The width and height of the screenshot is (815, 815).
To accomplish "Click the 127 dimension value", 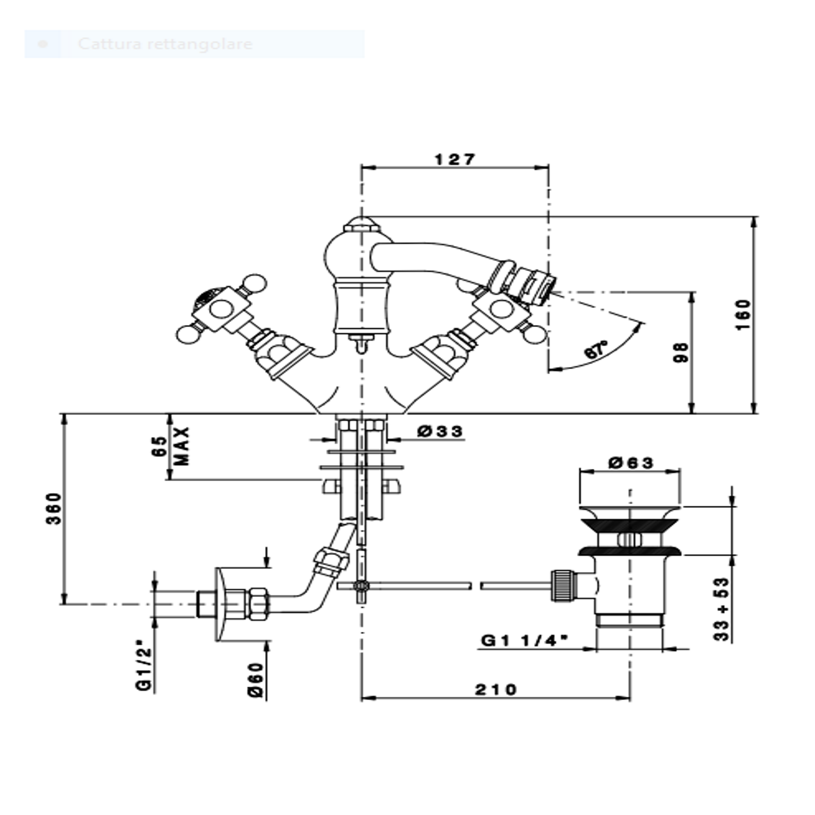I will click(455, 160).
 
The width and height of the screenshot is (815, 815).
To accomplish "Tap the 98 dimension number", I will click(681, 353).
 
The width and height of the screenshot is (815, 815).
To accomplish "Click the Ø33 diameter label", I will click(440, 432).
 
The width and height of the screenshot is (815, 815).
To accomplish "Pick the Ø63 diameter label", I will click(631, 462).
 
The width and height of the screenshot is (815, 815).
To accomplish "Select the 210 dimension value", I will click(496, 690).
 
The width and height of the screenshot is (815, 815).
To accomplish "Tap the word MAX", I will click(182, 446).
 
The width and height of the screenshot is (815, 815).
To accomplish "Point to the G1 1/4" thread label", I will click(524, 640).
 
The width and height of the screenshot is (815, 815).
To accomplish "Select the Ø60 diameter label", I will click(256, 679).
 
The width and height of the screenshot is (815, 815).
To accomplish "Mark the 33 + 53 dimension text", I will click(722, 609).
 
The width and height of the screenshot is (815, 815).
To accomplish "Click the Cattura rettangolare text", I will click(165, 44).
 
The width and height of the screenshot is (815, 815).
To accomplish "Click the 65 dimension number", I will click(159, 446).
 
